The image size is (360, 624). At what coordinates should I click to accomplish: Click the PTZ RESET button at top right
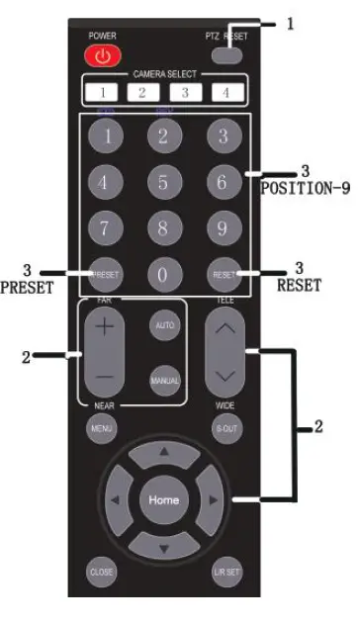coord(225,54)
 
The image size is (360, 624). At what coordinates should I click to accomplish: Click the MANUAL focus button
coord(163,380)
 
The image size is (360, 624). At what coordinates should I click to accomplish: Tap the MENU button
coord(102,429)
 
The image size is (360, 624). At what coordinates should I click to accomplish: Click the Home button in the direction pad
coord(163,499)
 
